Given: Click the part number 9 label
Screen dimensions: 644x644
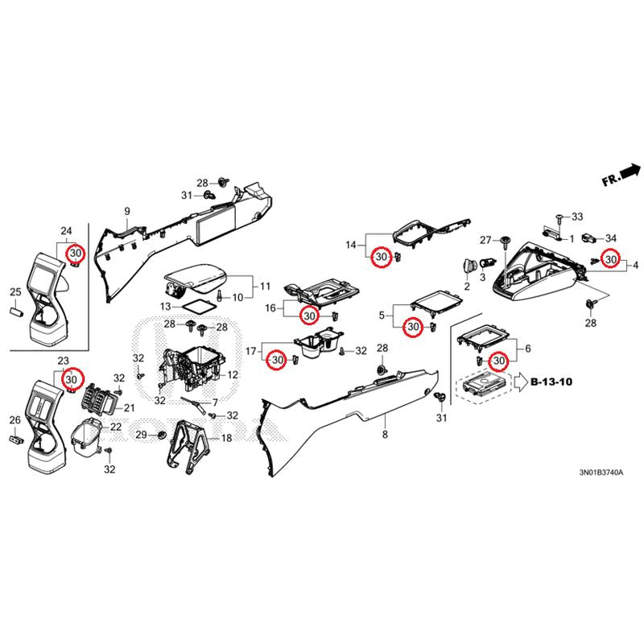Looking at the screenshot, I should coord(126,212).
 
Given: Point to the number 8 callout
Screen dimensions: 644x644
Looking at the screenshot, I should coord(385,435).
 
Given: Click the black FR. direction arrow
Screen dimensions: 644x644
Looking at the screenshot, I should coord(630,171).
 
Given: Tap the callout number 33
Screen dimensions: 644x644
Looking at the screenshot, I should coord(576,217).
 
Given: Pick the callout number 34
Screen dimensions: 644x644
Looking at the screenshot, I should coord(611,237).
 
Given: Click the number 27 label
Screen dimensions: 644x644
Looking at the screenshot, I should coord(485,240).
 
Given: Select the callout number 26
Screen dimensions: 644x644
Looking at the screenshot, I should coord(14,419).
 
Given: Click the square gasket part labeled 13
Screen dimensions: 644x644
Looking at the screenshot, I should coord(192,306).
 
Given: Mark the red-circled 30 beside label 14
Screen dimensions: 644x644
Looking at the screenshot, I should coord(382,258).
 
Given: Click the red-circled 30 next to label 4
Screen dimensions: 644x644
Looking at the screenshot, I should coord(612,260).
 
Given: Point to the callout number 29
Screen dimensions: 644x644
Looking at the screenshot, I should coord(141,435).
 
